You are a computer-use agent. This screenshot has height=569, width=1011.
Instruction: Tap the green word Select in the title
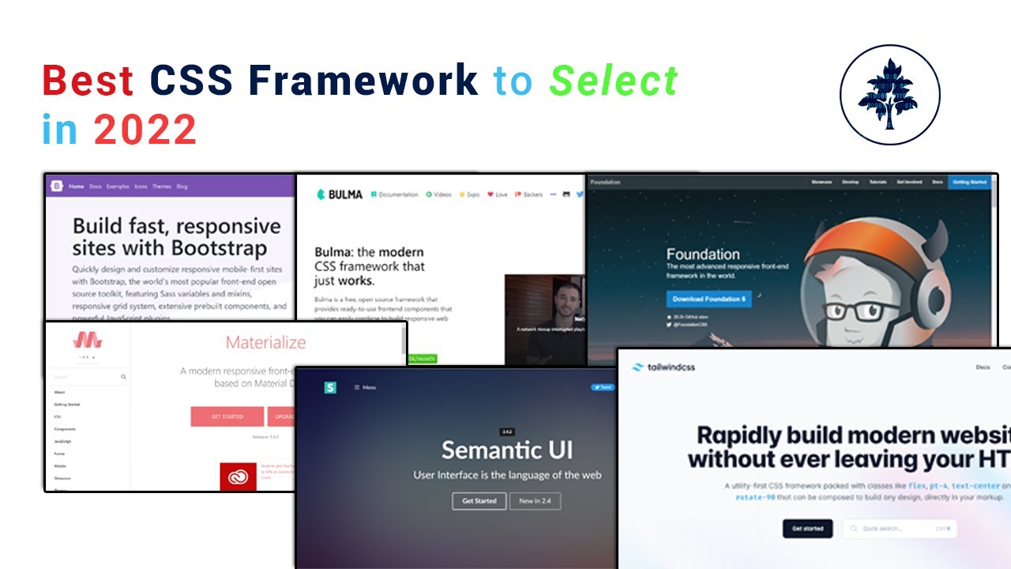click(x=614, y=81)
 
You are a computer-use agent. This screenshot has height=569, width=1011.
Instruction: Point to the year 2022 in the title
click(x=145, y=130)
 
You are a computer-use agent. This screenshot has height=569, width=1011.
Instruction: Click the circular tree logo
click(x=889, y=94)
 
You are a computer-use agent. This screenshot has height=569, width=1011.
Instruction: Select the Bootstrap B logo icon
click(x=56, y=187)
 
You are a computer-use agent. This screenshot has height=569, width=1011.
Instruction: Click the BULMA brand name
click(x=346, y=194)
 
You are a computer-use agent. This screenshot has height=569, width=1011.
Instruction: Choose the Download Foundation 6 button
click(x=708, y=299)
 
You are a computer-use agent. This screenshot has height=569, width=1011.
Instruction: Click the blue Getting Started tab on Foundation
click(x=969, y=183)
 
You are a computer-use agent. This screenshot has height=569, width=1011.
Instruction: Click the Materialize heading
click(x=265, y=342)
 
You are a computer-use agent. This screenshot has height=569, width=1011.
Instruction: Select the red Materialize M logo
click(x=88, y=341)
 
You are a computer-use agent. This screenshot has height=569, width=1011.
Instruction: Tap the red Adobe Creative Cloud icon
click(x=238, y=477)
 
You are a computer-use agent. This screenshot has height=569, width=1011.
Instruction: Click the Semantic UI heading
click(x=507, y=450)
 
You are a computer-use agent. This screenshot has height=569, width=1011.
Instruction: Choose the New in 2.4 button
click(x=535, y=501)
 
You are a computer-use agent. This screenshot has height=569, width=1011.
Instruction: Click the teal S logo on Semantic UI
click(x=330, y=387)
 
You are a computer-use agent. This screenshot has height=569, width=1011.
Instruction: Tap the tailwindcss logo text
click(x=668, y=367)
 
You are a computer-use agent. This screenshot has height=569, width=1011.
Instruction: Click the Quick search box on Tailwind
click(x=899, y=529)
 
